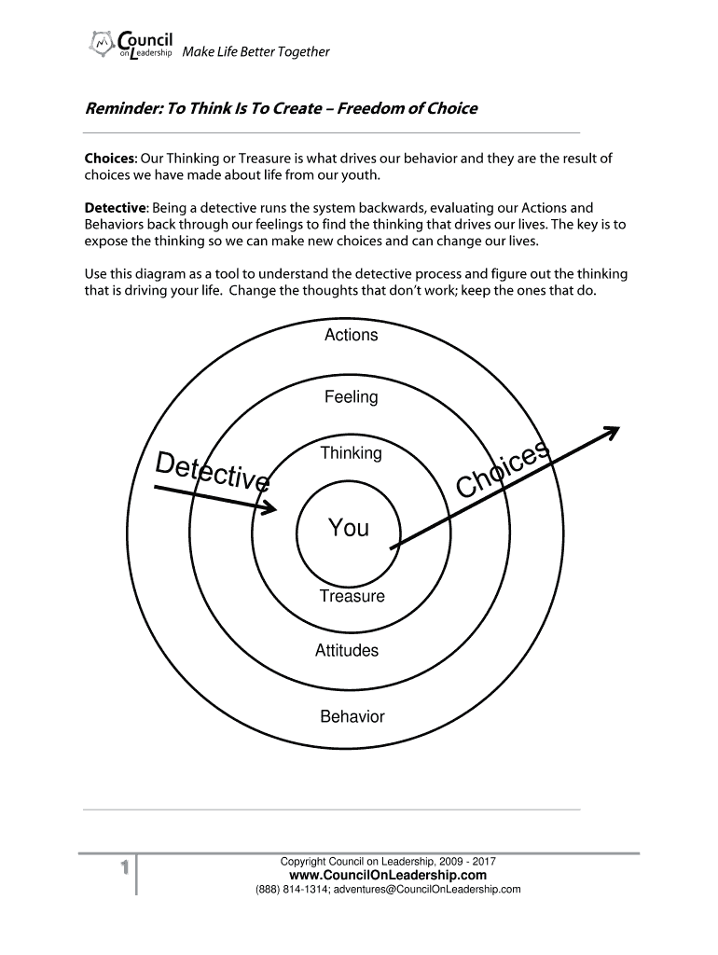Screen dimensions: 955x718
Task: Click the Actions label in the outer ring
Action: point(351,335)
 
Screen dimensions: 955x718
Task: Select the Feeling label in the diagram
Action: point(351,397)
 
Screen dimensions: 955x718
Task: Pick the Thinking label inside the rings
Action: point(351,453)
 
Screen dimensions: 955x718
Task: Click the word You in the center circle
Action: point(349,529)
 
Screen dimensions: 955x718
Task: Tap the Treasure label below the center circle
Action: point(352,596)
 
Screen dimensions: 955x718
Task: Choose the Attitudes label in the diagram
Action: point(347,651)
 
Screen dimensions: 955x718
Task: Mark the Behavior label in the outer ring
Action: point(352,716)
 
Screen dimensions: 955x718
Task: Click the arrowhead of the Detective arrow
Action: point(271,508)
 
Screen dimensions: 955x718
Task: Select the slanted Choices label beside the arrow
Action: point(504,471)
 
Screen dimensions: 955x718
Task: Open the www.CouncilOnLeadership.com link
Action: point(388,876)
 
